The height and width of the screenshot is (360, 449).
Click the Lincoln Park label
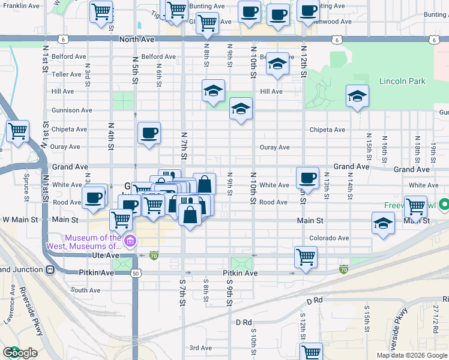click(402, 81)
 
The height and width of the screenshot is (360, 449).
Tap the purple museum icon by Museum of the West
click(130, 242)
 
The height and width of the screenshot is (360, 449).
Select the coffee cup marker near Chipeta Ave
click(149, 133)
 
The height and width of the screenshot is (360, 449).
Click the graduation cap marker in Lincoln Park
click(357, 97)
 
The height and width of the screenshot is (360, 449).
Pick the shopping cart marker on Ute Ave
click(306, 257)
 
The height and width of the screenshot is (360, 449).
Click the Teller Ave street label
click(66, 74)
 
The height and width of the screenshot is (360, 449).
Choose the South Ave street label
click(85, 290)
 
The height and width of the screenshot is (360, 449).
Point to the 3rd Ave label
click(201, 348)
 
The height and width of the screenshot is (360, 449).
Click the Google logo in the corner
click(20, 353)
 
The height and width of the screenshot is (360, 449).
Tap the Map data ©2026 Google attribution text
click(412, 355)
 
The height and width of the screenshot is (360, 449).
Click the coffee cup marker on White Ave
click(307, 178)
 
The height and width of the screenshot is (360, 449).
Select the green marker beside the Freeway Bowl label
click(444, 205)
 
